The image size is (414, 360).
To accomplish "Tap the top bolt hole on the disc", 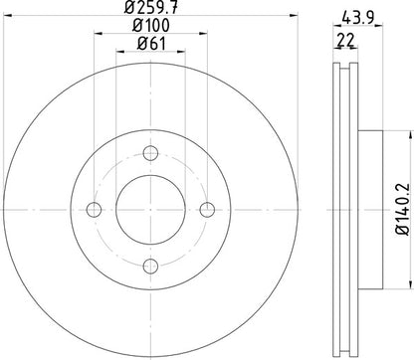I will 151,153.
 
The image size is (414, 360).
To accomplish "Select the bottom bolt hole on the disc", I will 151,266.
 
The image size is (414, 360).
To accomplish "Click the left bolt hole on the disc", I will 96,210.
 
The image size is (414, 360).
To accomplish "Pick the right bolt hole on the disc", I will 208,210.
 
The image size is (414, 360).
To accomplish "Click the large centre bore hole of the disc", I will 151,210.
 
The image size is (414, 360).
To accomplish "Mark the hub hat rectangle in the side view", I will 366,210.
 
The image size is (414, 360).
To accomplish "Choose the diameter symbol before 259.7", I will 129,9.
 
